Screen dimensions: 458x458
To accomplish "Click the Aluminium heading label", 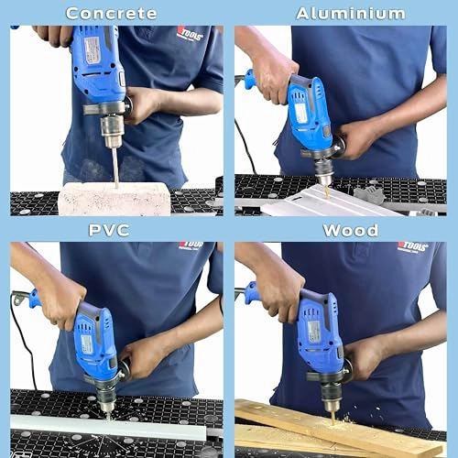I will click(350, 13).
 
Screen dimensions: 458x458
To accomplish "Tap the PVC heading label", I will click(109, 229).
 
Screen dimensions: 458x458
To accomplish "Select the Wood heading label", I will click(350, 229).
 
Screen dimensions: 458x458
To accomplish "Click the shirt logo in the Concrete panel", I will click(189, 34).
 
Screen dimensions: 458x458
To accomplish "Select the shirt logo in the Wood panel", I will click(412, 247).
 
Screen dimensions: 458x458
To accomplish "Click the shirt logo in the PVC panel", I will click(191, 245).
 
